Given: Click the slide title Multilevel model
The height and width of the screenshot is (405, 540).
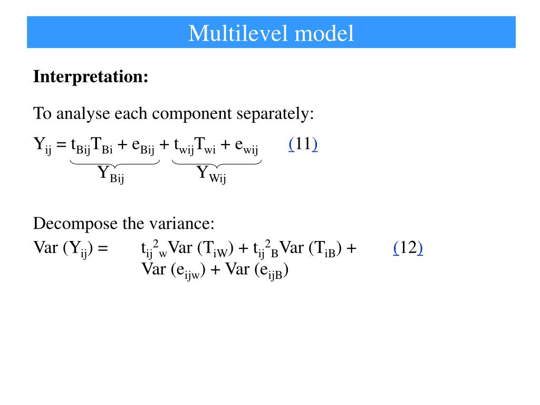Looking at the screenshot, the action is click(x=271, y=33).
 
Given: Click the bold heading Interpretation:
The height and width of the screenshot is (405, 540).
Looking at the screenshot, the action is click(x=91, y=77).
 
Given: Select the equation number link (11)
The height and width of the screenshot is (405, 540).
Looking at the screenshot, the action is click(x=303, y=144).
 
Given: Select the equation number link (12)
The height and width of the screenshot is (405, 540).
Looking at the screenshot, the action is click(x=408, y=248).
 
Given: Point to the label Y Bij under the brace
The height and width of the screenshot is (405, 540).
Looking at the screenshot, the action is click(x=111, y=174).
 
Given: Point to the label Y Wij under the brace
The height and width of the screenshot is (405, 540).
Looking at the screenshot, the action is click(x=211, y=174).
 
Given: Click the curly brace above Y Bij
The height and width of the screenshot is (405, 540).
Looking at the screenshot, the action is click(x=114, y=162).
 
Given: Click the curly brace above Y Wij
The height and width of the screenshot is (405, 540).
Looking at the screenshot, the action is click(x=217, y=162).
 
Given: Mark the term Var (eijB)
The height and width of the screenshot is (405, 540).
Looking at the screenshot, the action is click(x=257, y=270).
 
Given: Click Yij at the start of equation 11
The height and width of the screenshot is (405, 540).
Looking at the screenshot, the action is click(x=42, y=145).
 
